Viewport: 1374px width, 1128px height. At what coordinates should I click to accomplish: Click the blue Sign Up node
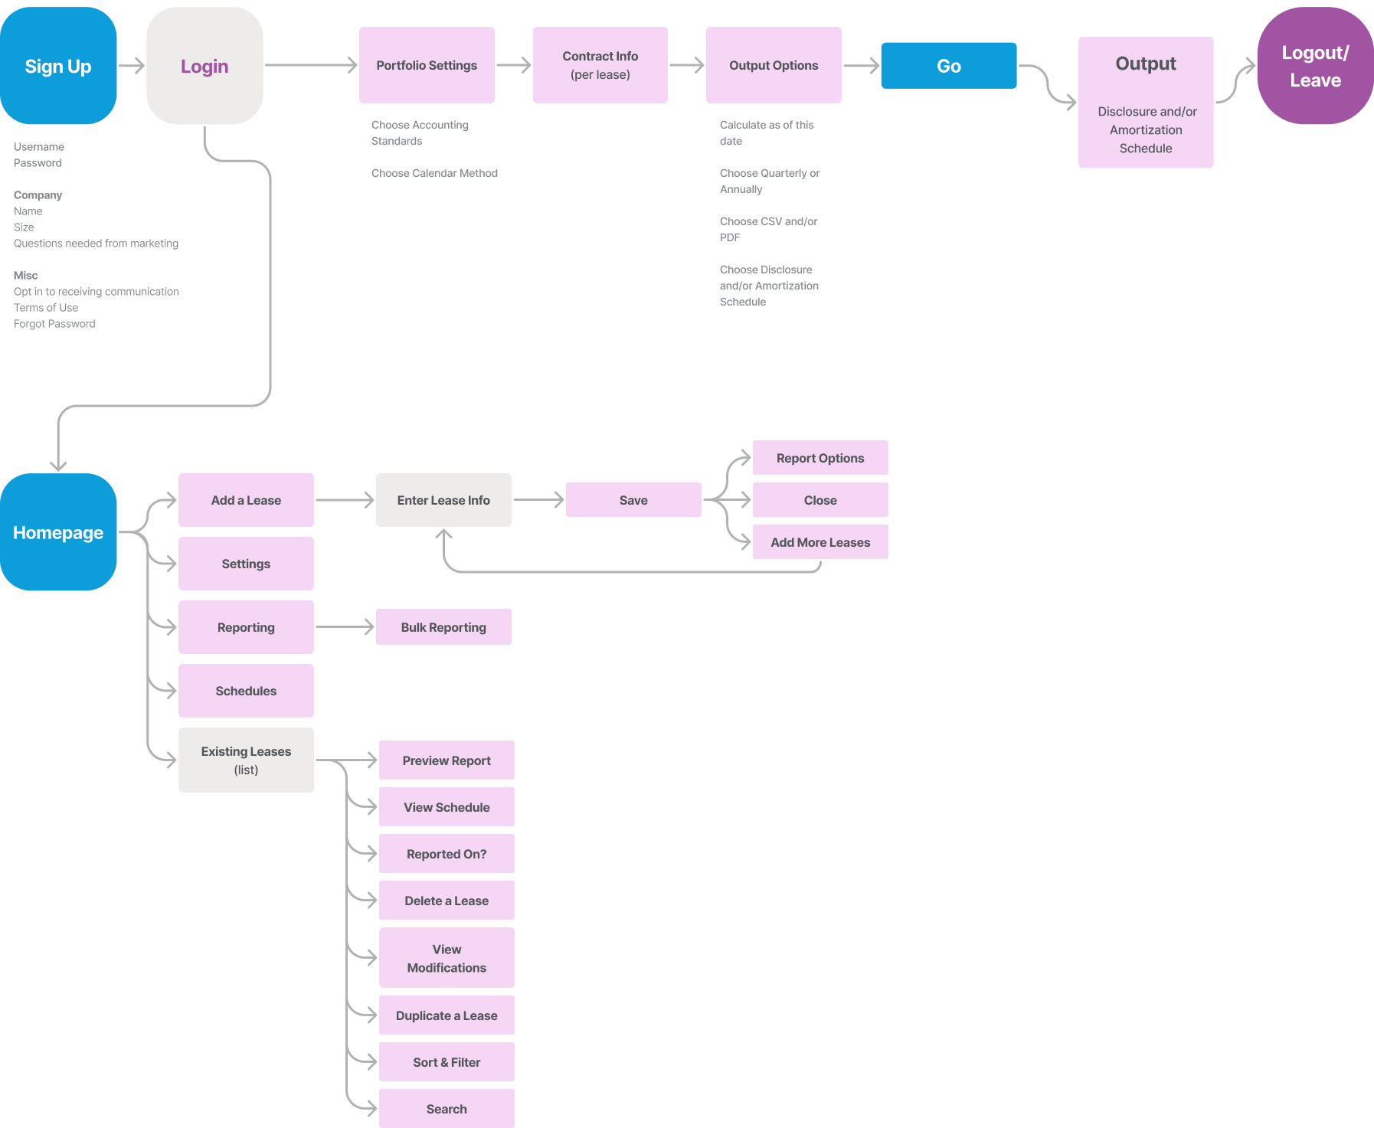tap(58, 66)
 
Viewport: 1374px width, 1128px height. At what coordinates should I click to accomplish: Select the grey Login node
tap(204, 66)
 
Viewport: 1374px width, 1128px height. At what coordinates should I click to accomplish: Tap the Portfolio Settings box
tap(427, 65)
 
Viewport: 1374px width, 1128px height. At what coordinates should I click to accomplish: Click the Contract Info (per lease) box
tap(600, 65)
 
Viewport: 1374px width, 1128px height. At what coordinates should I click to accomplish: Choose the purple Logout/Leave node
tap(1315, 66)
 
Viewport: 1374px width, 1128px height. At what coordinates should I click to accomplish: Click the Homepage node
tap(58, 532)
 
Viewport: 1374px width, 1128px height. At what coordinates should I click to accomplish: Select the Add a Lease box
tap(246, 500)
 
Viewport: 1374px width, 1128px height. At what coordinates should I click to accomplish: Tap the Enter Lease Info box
tap(443, 500)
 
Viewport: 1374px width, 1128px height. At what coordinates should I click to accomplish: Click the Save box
tap(633, 500)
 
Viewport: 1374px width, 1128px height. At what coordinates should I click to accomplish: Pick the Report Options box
tap(820, 458)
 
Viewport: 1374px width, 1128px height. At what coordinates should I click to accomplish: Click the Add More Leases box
tap(820, 542)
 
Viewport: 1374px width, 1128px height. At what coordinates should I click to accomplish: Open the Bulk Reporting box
tap(443, 627)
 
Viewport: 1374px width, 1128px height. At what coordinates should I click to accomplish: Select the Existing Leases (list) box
tap(246, 760)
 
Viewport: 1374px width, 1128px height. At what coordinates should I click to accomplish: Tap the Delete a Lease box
tap(447, 901)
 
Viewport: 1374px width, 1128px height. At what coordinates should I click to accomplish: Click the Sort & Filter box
tap(447, 1062)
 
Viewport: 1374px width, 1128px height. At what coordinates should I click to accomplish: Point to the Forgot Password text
tap(54, 324)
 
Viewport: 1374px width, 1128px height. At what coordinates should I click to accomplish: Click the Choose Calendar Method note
tap(434, 173)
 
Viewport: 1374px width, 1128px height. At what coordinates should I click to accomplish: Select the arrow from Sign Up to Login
tap(132, 66)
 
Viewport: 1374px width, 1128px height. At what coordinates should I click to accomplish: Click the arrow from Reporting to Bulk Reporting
tap(345, 627)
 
